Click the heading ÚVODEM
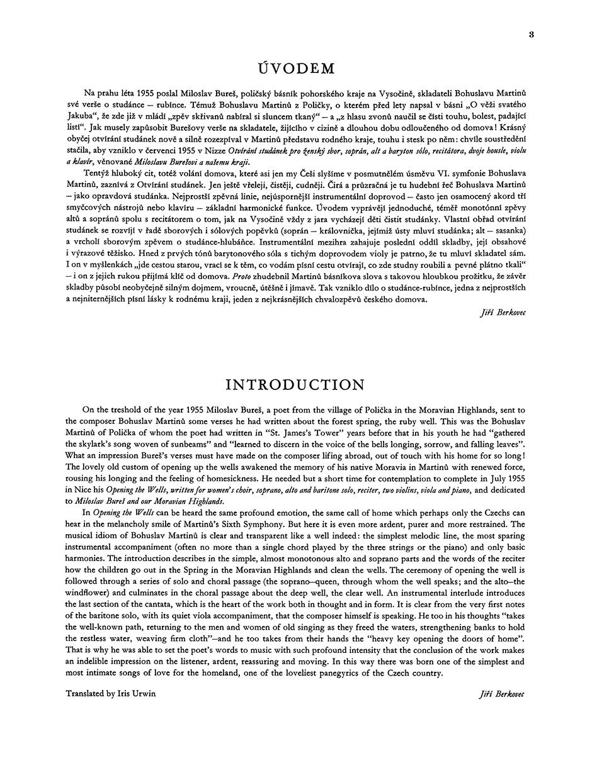coord(296,69)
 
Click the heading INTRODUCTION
coord(295,385)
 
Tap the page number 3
coord(532,35)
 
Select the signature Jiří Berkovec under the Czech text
coord(503,312)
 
